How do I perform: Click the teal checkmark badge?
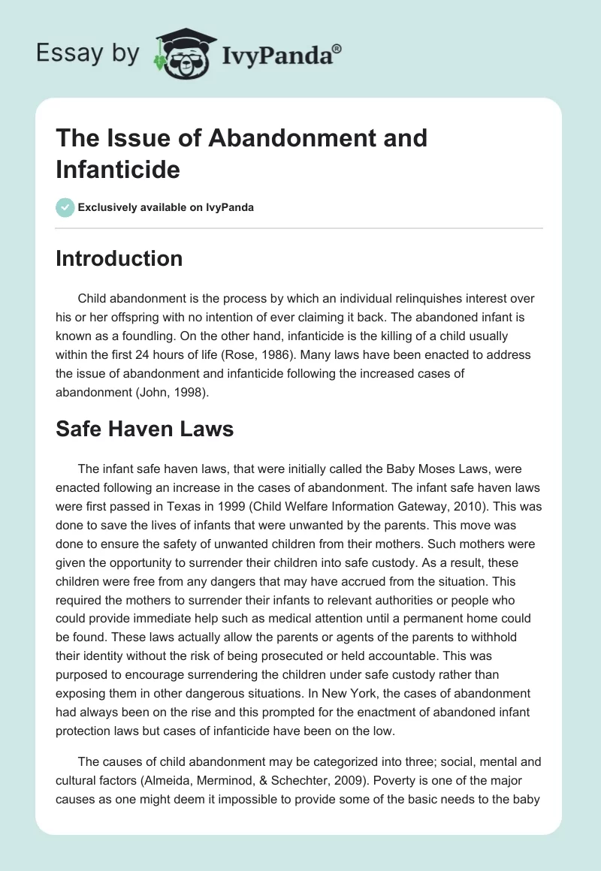(x=65, y=207)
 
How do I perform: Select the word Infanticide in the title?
(x=118, y=170)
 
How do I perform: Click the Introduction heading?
(x=119, y=258)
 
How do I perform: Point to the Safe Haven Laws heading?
(x=145, y=429)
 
